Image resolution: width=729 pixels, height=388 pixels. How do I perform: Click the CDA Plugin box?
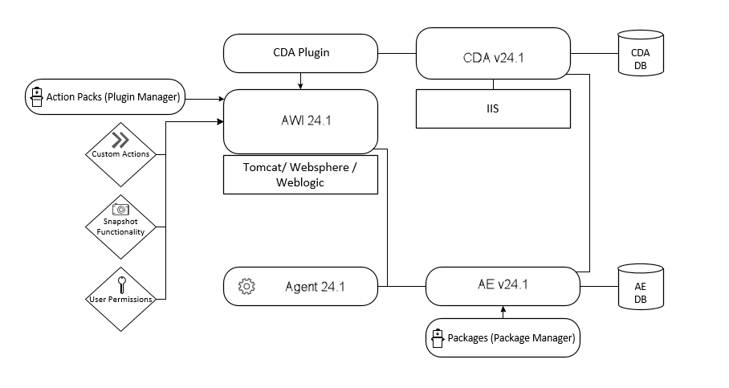pos(300,53)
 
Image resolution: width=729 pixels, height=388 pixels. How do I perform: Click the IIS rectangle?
pos(493,108)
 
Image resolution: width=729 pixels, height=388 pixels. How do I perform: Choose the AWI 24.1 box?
pos(300,121)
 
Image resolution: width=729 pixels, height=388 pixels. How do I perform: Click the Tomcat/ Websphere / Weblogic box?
pos(300,175)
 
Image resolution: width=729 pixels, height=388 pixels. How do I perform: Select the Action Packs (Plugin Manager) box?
pos(104,98)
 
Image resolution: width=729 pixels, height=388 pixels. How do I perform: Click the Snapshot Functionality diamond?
pos(120,225)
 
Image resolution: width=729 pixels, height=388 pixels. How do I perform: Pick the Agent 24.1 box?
pos(300,287)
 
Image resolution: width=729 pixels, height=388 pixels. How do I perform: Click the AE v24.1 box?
pos(502,285)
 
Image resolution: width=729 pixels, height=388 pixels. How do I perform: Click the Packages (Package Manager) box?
pos(502,337)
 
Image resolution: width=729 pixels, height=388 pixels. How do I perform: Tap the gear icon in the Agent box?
pos(246,287)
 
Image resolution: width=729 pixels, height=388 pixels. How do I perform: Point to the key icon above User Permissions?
pos(121,284)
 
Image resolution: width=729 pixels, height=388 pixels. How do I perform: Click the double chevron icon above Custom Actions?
pos(120,137)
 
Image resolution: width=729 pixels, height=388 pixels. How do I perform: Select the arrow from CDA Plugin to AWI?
pos(300,80)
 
